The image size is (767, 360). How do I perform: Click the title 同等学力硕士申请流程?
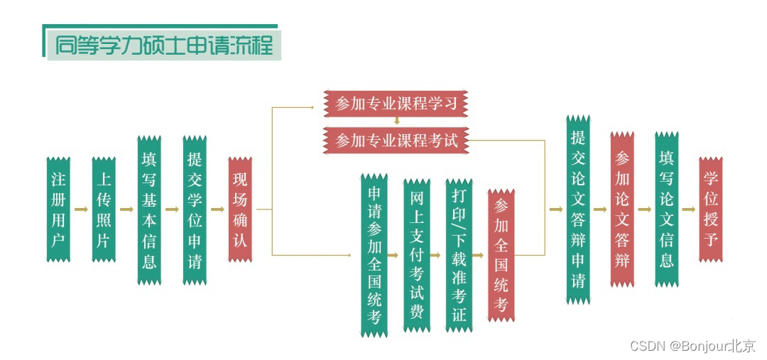tap(163, 45)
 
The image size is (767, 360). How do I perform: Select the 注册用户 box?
tap(58, 209)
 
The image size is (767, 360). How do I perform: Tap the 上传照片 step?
tap(103, 209)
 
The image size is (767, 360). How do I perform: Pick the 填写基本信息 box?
tap(149, 209)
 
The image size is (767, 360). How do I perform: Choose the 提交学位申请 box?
tap(194, 209)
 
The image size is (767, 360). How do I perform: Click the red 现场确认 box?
tap(239, 209)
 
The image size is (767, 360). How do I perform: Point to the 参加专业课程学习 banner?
tap(397, 104)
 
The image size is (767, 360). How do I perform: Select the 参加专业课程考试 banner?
tap(397, 140)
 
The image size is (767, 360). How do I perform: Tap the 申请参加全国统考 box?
tap(374, 254)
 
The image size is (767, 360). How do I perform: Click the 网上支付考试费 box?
tap(417, 254)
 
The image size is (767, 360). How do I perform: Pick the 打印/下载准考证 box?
tap(459, 254)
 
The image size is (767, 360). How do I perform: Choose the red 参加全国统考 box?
tap(501, 254)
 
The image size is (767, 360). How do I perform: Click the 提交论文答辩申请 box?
tap(578, 209)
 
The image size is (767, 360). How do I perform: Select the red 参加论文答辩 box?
tap(622, 209)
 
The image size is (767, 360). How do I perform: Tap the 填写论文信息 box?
tap(666, 209)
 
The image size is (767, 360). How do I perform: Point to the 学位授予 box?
tap(710, 209)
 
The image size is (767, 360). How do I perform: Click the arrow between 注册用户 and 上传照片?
tap(81, 209)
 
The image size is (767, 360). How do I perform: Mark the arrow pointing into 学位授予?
tap(688, 209)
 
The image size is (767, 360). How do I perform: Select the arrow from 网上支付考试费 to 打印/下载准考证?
tap(437, 254)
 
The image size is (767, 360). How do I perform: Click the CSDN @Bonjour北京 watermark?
tap(692, 347)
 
